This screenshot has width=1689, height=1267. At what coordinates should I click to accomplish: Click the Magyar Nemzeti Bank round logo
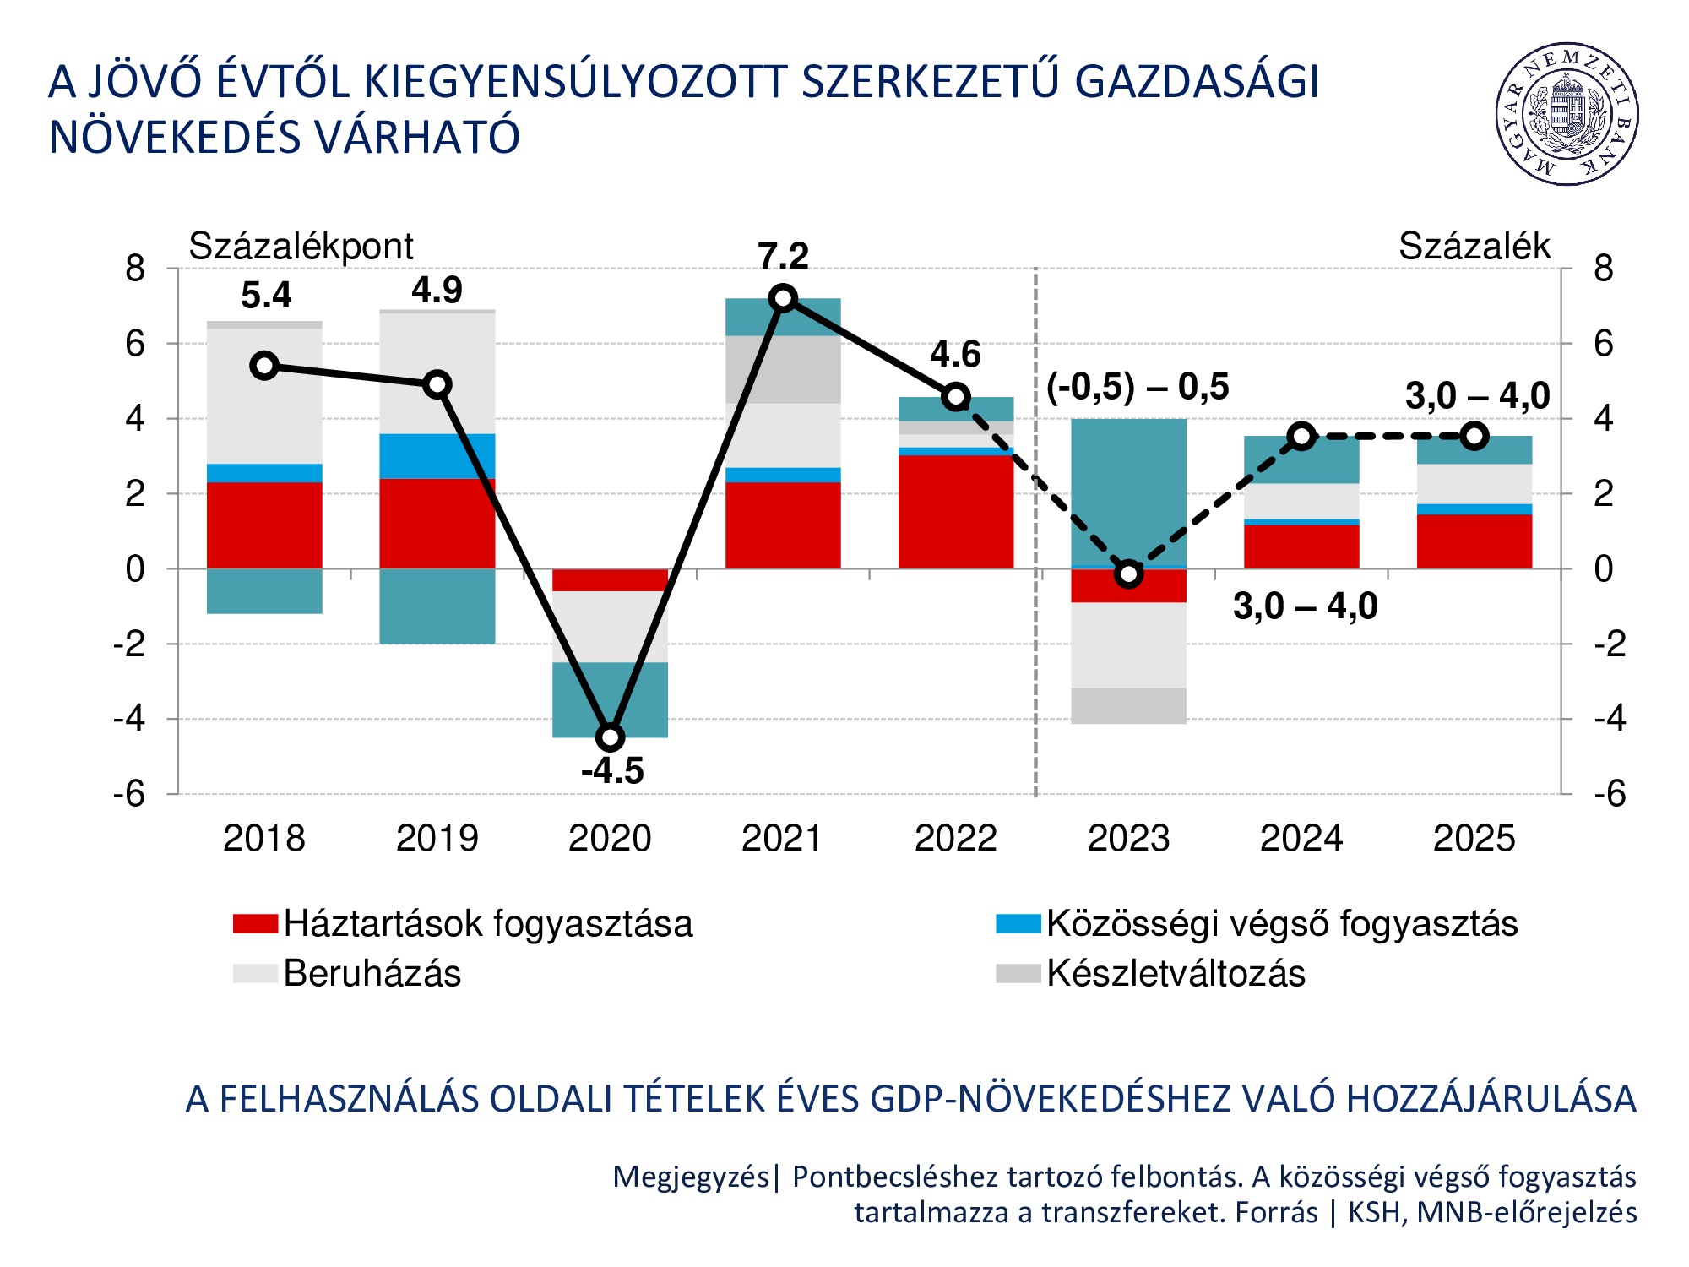[x=1567, y=114]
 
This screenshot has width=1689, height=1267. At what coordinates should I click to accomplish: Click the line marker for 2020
[x=610, y=737]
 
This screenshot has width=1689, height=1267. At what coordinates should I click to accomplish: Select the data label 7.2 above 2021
[x=783, y=256]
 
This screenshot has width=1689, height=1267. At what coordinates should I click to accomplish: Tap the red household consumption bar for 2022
[x=955, y=511]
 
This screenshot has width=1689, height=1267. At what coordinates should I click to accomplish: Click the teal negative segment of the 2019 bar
[x=437, y=606]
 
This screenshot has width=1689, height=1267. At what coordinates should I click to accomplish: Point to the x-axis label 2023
[x=1128, y=839]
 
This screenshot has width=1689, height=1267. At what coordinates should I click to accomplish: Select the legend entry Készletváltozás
[x=1175, y=973]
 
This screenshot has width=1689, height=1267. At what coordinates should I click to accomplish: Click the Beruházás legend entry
[x=372, y=973]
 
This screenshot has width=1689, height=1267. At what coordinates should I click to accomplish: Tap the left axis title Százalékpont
[x=301, y=247]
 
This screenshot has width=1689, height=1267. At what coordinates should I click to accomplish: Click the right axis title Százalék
[x=1474, y=247]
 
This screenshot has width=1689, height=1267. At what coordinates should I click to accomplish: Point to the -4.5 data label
[x=612, y=771]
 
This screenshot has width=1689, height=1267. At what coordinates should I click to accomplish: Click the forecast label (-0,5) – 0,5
[x=1137, y=387]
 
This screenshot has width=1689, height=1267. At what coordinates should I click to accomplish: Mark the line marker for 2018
[x=264, y=366]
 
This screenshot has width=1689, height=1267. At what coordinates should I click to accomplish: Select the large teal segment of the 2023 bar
[x=1128, y=490]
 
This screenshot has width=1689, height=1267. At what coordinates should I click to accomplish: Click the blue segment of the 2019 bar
[x=437, y=456]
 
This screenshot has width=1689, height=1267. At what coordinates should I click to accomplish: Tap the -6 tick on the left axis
[x=129, y=794]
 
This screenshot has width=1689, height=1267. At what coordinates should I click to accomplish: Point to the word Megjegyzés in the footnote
[x=690, y=1177]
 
